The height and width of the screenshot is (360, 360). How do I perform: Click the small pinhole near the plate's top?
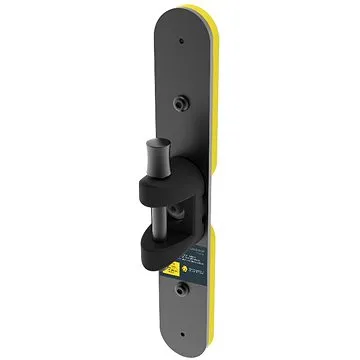(180, 42)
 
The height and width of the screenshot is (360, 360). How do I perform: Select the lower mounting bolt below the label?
(181, 291)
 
